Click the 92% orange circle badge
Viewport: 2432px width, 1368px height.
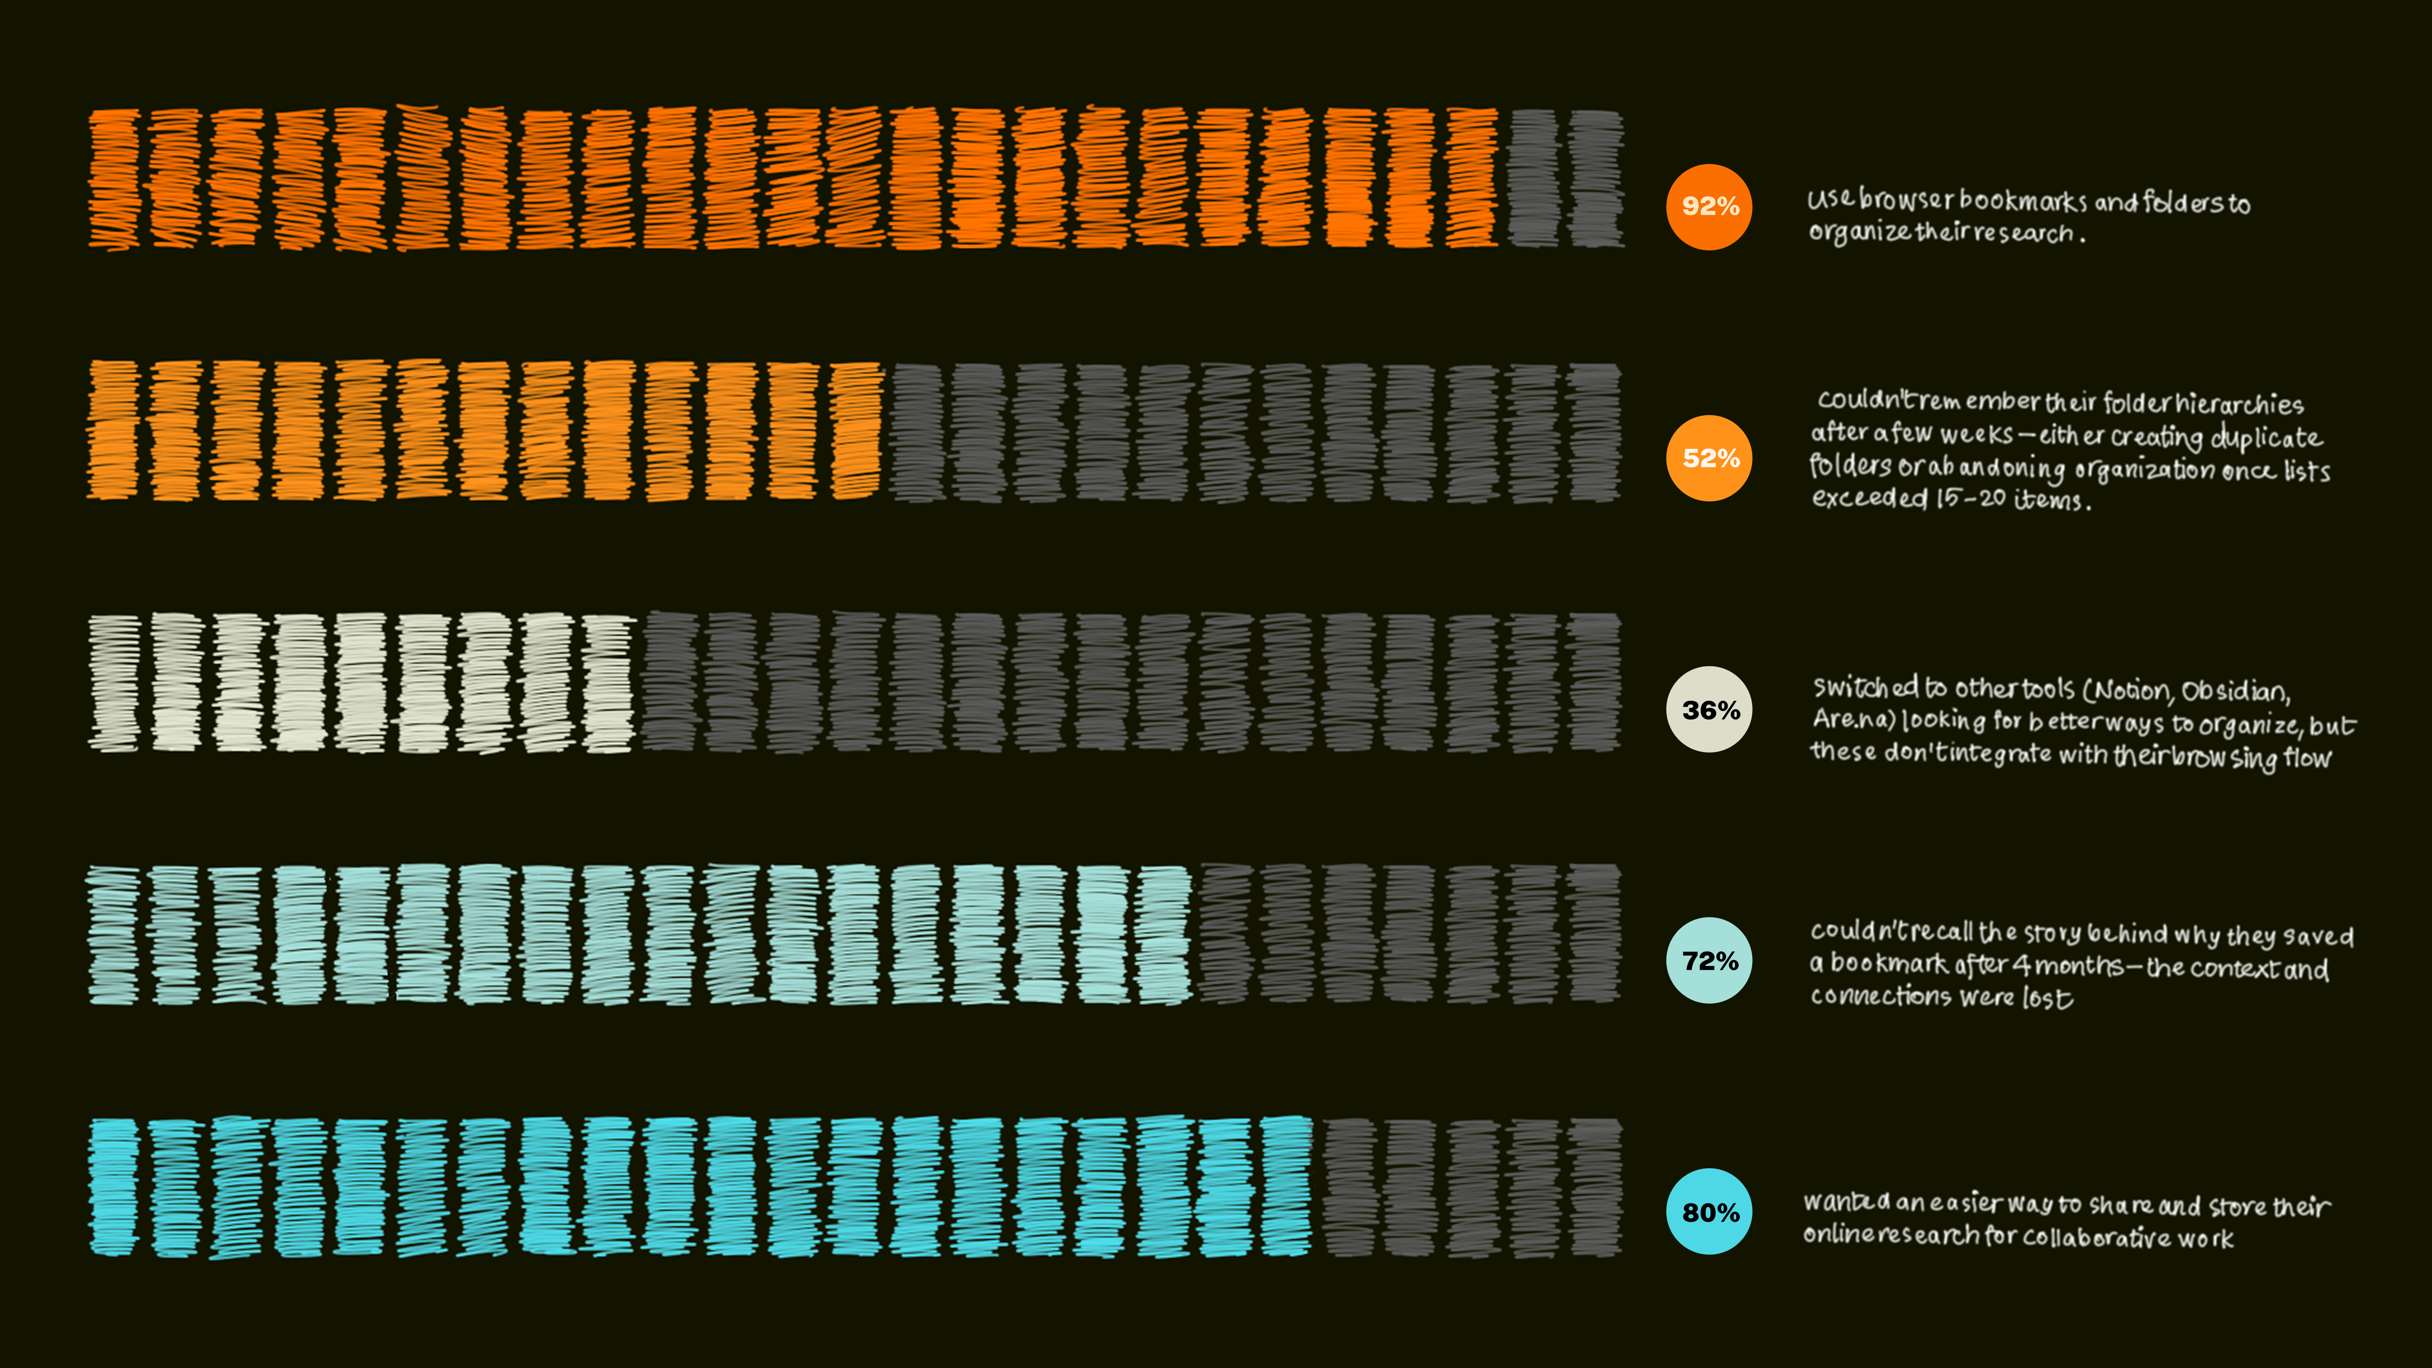click(1709, 207)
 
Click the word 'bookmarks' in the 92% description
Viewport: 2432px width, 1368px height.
click(2023, 201)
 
